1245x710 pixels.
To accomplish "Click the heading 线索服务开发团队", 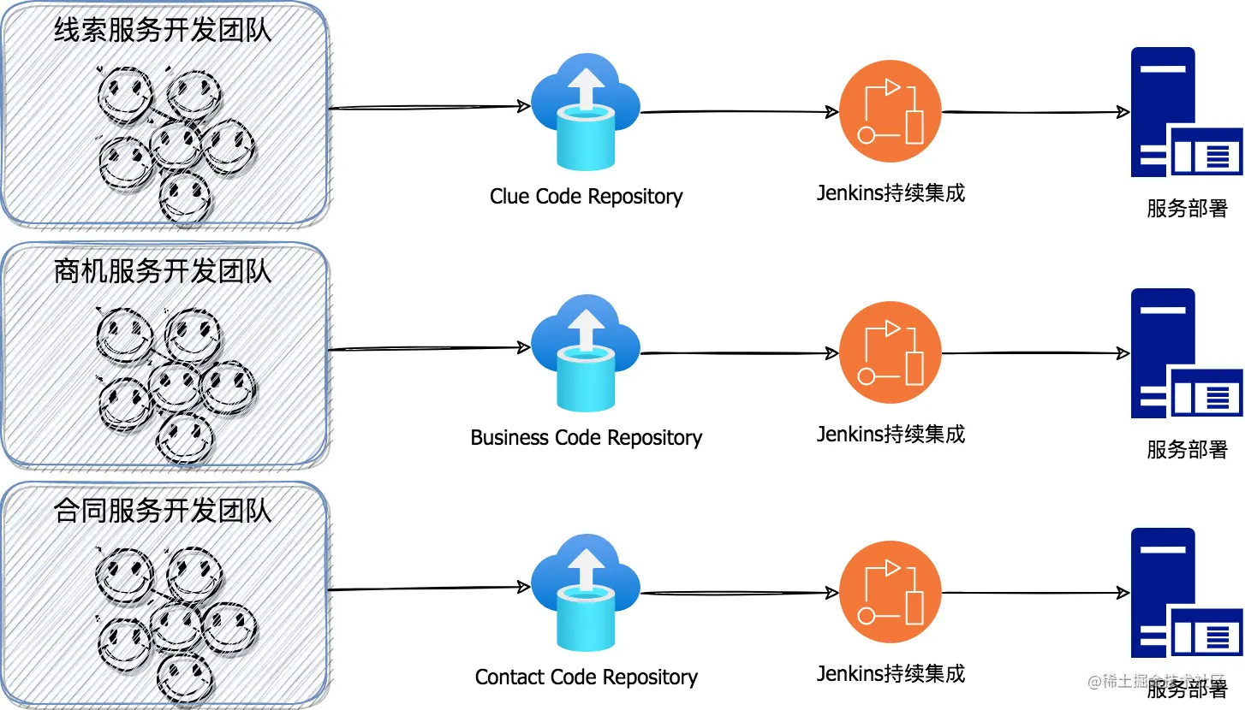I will (163, 32).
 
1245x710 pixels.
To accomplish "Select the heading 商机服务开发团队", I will (163, 272).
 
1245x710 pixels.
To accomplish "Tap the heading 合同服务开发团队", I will (163, 512).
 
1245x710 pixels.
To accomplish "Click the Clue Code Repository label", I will (586, 197).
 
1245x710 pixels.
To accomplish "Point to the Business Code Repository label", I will (586, 438).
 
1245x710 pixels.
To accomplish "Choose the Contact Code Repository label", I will (586, 677).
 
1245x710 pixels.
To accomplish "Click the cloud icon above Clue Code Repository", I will (586, 111).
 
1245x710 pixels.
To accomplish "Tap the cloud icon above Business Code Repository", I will (586, 352).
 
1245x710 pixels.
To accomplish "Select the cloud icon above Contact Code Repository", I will (586, 592).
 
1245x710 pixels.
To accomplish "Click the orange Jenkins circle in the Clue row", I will (890, 112).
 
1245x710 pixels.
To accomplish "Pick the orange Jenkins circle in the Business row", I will (890, 353).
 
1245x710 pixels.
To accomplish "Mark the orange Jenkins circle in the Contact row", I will (890, 593).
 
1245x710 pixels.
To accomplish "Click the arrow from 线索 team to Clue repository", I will (428, 108).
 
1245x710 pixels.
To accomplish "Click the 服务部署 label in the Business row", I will (1187, 449).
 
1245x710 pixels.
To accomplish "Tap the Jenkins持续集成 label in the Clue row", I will (891, 193).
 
